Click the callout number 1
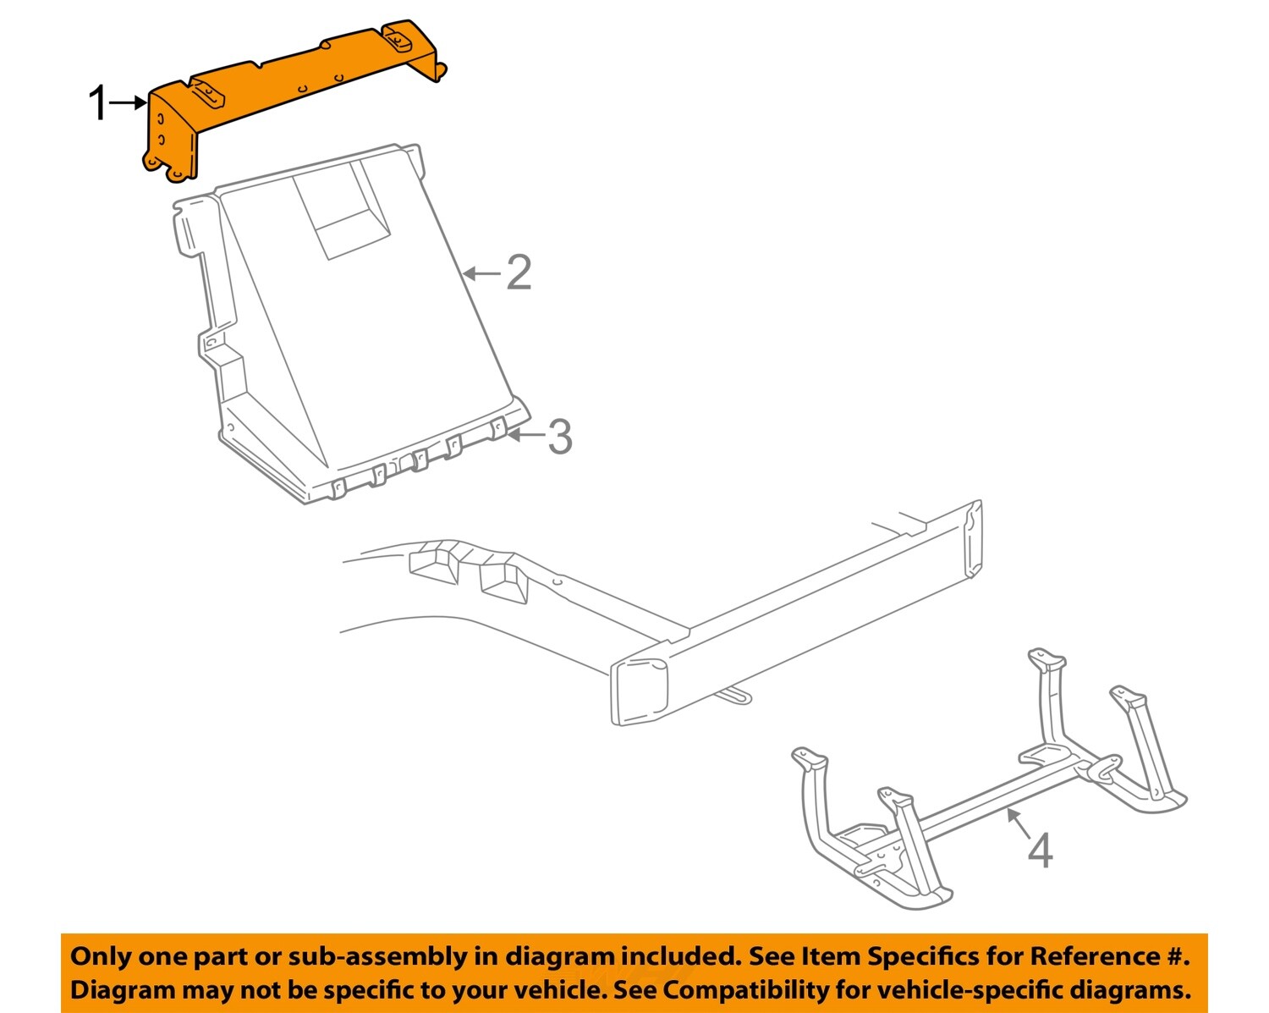[x=99, y=103]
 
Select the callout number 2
[x=519, y=273]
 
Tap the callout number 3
[x=559, y=437]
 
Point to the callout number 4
[x=1040, y=850]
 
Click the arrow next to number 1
[x=129, y=102]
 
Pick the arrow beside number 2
[x=482, y=273]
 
